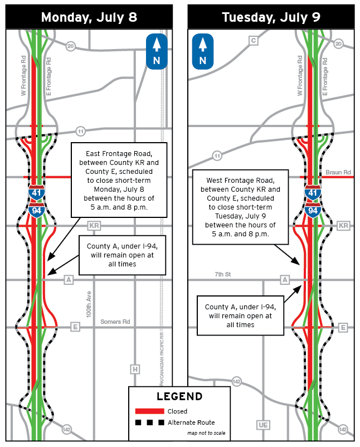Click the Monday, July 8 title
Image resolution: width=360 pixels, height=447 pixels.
click(x=89, y=16)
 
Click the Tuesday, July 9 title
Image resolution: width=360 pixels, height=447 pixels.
click(x=271, y=16)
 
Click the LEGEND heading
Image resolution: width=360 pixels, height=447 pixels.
click(x=179, y=397)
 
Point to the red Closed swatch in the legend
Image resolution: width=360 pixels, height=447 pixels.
click(x=149, y=411)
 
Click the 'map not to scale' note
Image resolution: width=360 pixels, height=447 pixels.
click(x=206, y=433)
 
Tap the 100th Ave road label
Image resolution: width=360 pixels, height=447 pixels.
click(x=87, y=304)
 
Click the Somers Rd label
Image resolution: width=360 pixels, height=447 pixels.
click(x=115, y=322)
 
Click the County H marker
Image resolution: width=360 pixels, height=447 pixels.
click(x=135, y=369)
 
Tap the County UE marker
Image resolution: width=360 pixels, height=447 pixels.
click(x=263, y=425)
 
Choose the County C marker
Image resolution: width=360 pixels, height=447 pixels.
click(x=254, y=40)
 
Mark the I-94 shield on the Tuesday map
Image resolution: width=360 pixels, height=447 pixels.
click(x=313, y=210)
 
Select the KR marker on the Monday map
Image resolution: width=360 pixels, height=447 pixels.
click(x=94, y=226)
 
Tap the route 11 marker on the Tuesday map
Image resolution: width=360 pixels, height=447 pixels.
click(x=217, y=156)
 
